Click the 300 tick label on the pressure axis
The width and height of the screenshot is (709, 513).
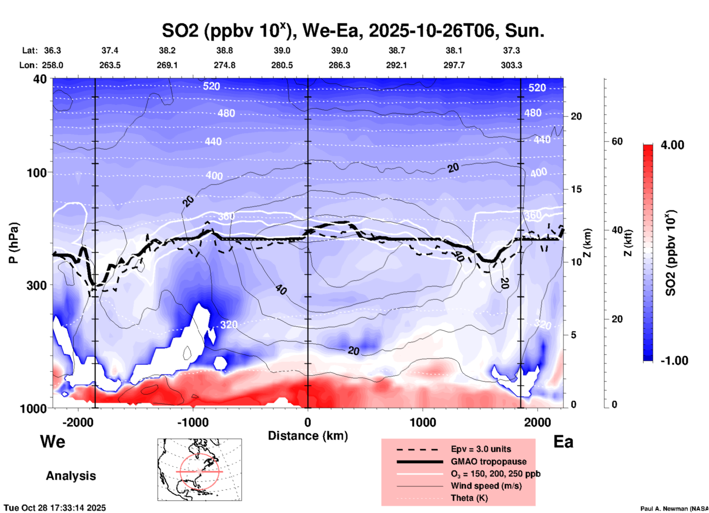(36, 285)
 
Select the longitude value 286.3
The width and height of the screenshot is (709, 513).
(339, 65)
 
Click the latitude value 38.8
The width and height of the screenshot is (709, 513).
(224, 50)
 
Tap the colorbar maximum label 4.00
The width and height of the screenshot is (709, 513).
(672, 145)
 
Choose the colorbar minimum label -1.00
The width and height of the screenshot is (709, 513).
(674, 360)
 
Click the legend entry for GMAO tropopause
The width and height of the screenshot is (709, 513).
(488, 461)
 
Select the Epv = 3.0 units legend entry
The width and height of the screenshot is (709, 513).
(481, 449)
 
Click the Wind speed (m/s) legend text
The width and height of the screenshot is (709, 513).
(486, 486)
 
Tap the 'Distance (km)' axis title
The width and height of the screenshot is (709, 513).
(308, 436)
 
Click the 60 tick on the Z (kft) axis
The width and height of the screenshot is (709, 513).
(617, 141)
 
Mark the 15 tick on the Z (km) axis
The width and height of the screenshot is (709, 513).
(576, 189)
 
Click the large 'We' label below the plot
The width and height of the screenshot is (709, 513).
(53, 441)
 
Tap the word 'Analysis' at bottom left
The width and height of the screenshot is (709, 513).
(71, 476)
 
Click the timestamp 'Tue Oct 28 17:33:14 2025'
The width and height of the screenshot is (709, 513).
(55, 508)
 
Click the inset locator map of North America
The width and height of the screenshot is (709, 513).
(200, 470)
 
